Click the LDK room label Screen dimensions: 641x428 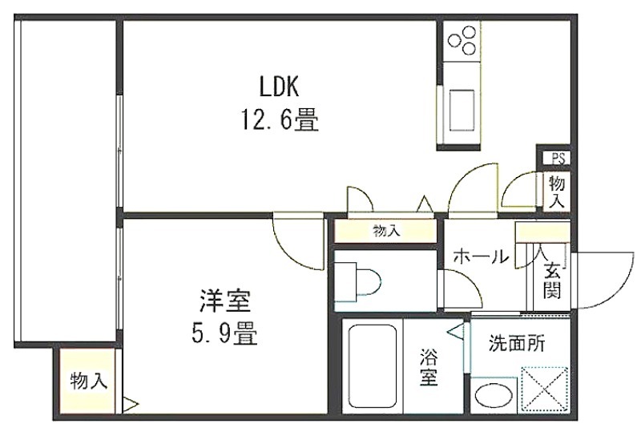point(279,86)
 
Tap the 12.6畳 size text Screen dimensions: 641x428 point(280,119)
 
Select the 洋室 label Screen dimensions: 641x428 point(224,301)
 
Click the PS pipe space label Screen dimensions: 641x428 point(558,158)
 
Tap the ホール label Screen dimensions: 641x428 point(481,257)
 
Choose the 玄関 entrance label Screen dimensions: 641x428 point(552,281)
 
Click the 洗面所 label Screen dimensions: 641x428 point(517,344)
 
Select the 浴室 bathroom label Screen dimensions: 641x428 point(429,368)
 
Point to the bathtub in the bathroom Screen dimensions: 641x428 point(373,365)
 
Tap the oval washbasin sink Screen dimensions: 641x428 point(494,396)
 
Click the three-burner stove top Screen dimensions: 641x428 point(462,41)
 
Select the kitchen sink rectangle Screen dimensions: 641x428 point(462,110)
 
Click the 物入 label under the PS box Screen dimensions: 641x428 point(557,192)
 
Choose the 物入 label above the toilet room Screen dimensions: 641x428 point(386,232)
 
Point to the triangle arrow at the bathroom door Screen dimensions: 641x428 point(456,331)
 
